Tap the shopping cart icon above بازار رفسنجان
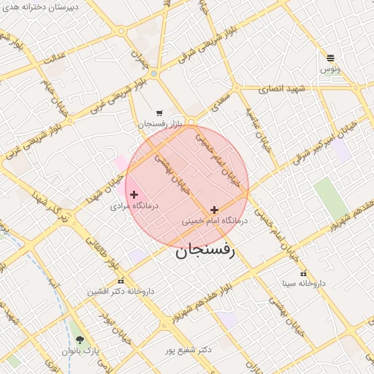(x=159, y=113)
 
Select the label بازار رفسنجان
(x=159, y=124)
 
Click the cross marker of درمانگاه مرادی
(x=134, y=194)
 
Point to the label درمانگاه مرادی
(x=129, y=206)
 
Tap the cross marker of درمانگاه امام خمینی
(x=214, y=210)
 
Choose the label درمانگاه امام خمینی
(x=215, y=220)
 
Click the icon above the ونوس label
(x=331, y=58)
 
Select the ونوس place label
(x=330, y=69)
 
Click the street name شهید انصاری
(x=282, y=88)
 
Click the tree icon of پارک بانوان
(x=79, y=340)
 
